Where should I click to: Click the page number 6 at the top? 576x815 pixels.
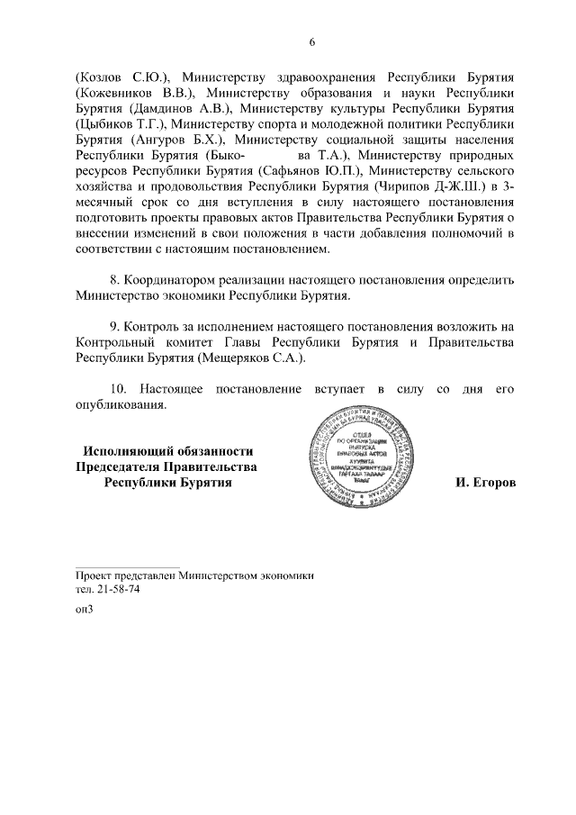[312, 42]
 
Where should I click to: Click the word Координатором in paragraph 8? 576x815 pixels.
[172, 279]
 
